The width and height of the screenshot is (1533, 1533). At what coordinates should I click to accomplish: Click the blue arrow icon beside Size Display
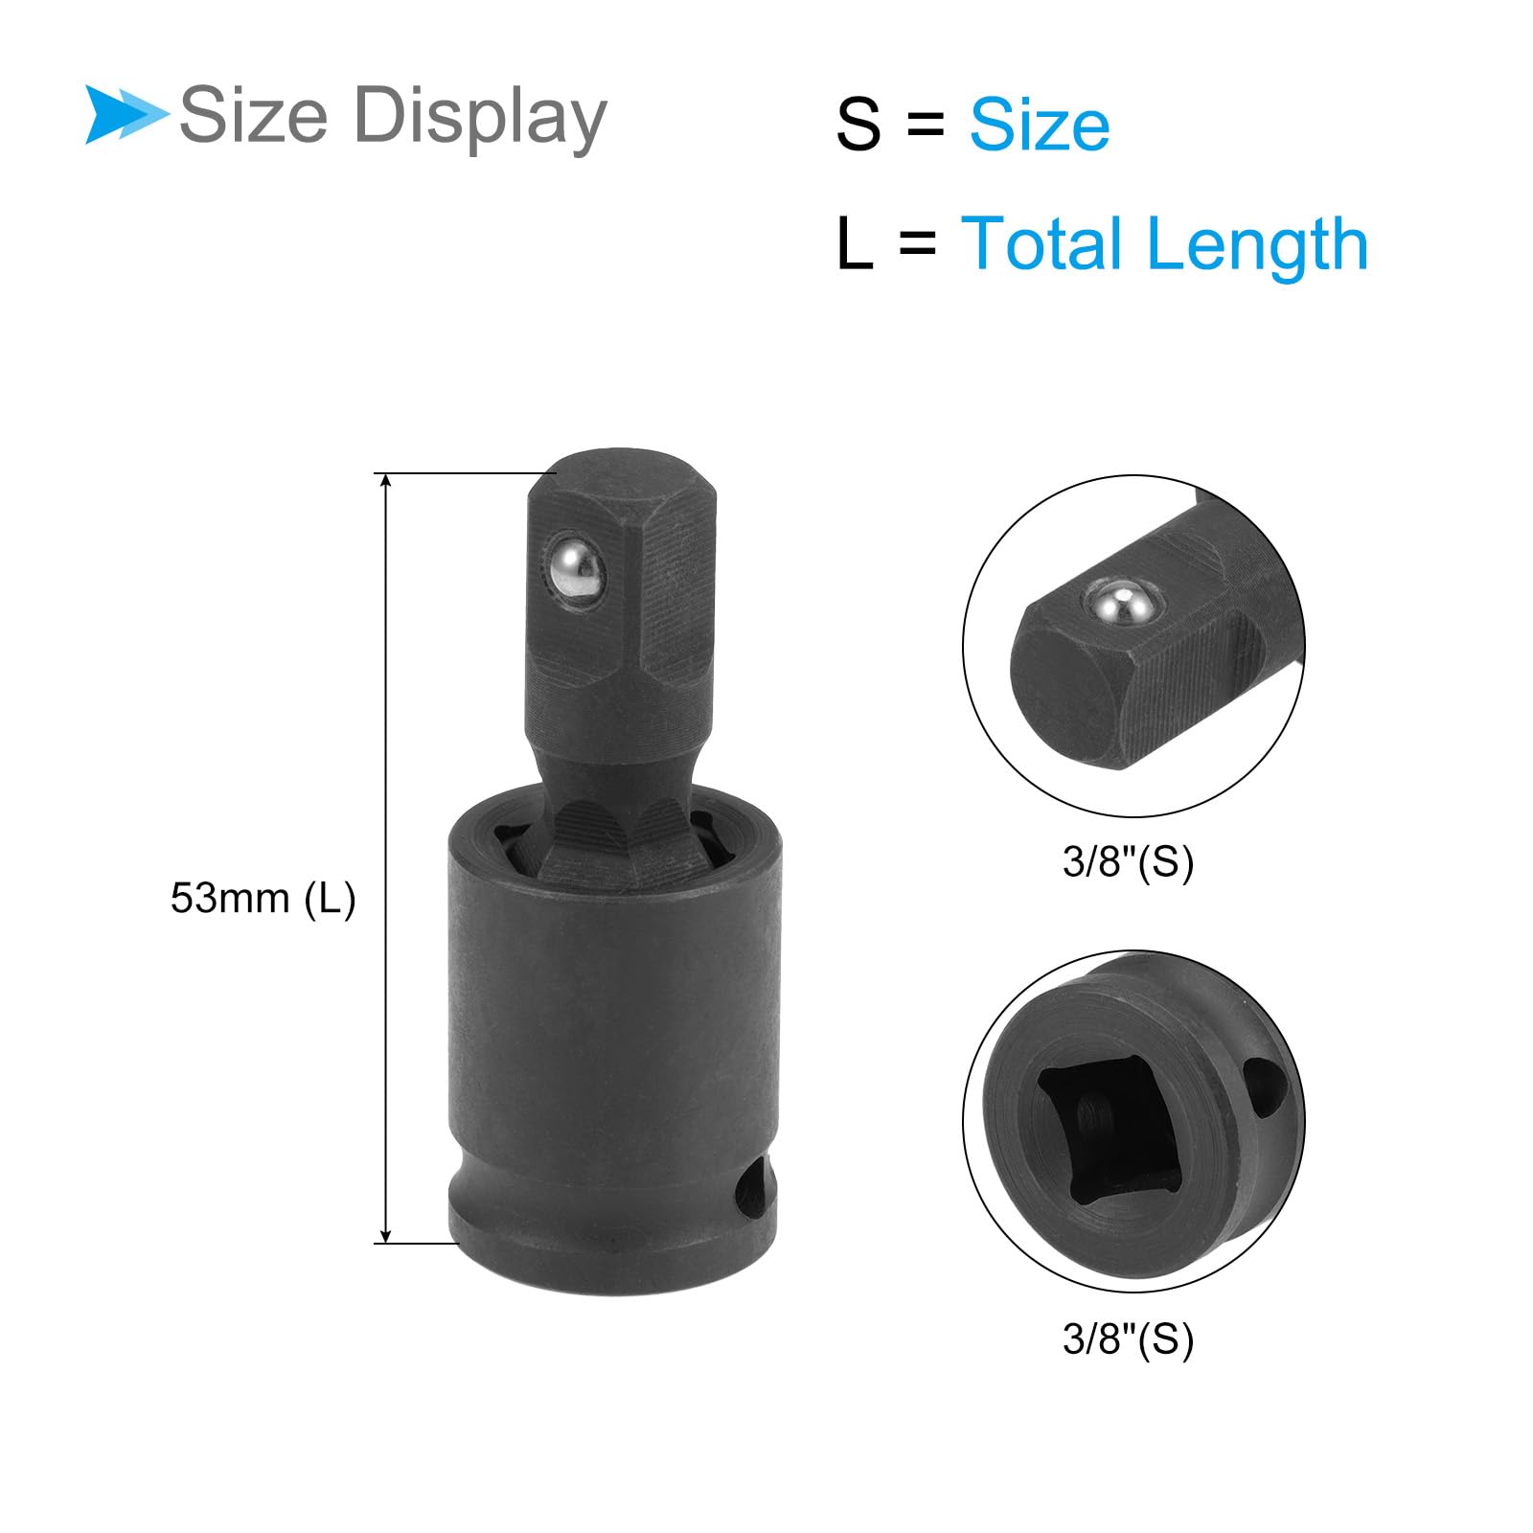pyautogui.click(x=125, y=115)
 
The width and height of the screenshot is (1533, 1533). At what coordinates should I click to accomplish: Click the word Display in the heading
pyautogui.click(x=480, y=118)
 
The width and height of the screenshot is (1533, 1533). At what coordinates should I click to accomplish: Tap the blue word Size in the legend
pyautogui.click(x=1040, y=125)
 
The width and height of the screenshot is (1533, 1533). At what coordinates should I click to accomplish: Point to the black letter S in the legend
pyautogui.click(x=858, y=125)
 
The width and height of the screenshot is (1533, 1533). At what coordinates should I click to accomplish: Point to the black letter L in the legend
pyautogui.click(x=855, y=243)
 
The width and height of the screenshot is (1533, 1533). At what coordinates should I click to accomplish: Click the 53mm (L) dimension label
pyautogui.click(x=263, y=899)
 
